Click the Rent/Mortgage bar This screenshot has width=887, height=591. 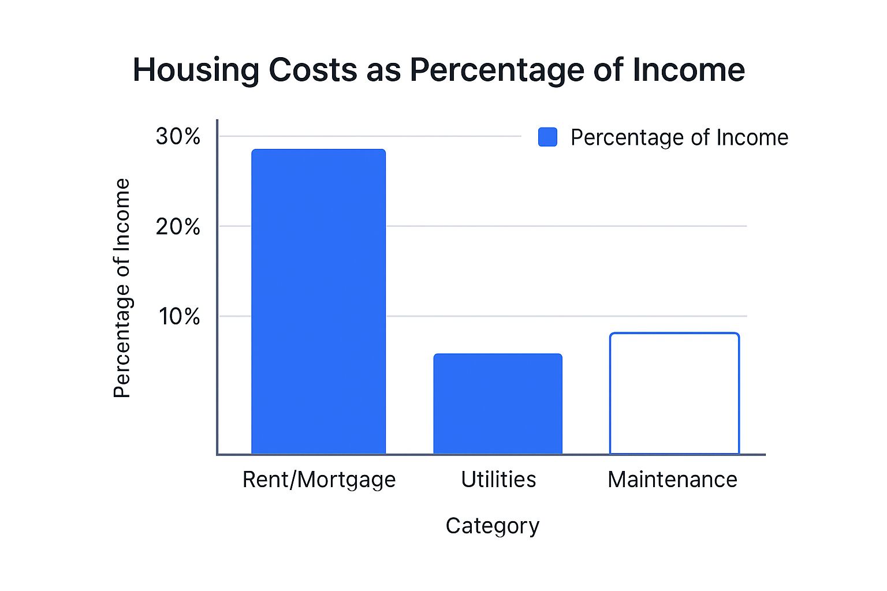click(318, 301)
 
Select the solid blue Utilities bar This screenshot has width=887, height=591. click(498, 404)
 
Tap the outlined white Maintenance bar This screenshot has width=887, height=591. click(674, 394)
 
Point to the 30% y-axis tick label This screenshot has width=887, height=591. click(178, 137)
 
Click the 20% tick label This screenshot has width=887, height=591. click(178, 227)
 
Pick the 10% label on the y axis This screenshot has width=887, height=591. click(179, 316)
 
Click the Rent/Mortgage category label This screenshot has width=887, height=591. click(319, 480)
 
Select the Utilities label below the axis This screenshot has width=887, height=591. click(498, 480)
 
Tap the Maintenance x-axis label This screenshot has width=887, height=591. click(672, 480)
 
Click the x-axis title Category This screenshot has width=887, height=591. click(492, 526)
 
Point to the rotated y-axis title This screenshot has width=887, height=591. click(122, 288)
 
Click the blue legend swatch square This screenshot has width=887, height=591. click(547, 137)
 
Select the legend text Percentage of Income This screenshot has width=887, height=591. click(679, 137)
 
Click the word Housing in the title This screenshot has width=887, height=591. click(196, 70)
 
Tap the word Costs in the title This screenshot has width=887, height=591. click(313, 70)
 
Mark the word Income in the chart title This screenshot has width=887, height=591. click(688, 70)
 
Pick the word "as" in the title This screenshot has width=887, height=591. click(383, 70)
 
